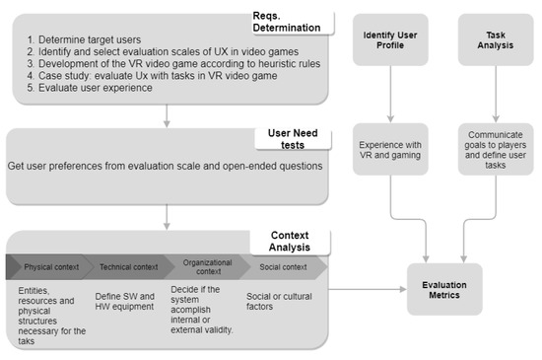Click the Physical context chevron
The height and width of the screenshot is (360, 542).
49,267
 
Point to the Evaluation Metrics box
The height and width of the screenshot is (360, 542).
445,290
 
